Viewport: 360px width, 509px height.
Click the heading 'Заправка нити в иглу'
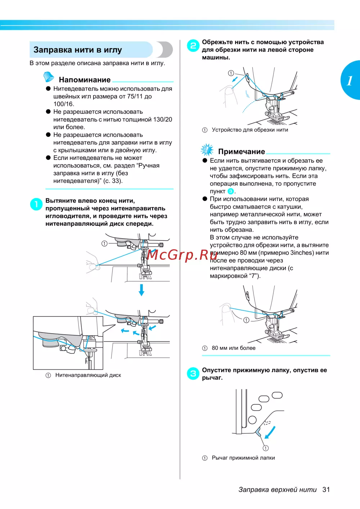point(78,50)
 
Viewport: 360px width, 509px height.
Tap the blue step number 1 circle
point(36,204)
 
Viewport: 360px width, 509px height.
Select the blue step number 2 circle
point(193,45)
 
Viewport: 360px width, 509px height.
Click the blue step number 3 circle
point(193,374)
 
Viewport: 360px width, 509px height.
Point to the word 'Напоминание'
point(85,80)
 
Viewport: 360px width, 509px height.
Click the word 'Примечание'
point(241,152)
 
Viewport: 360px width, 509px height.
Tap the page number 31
point(326,489)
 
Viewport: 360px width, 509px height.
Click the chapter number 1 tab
point(350,80)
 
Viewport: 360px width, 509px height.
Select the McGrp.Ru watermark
point(182,255)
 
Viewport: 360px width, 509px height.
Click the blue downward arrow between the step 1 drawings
point(141,290)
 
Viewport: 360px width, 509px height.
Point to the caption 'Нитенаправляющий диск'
point(88,375)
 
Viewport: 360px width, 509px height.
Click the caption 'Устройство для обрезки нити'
point(249,130)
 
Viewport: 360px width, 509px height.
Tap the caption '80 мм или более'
point(233,348)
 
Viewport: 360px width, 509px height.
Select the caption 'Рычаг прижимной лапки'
point(243,458)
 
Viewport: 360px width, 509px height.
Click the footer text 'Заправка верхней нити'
point(277,490)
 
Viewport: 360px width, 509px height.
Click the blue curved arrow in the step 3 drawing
point(270,432)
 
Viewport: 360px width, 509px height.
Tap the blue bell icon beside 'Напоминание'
point(48,77)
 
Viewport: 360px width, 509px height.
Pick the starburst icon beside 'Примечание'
point(207,149)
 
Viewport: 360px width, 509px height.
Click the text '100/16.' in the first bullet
point(64,104)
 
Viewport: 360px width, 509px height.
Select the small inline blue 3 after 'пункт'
point(231,191)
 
